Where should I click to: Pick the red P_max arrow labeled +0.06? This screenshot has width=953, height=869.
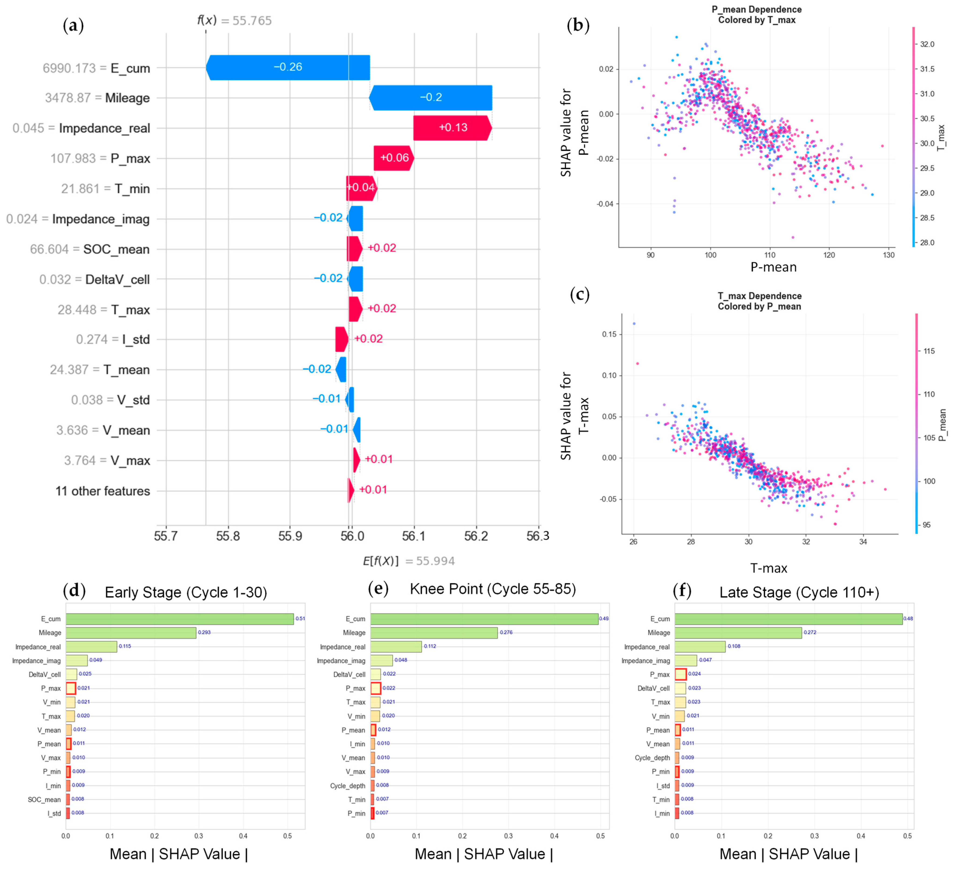tap(394, 158)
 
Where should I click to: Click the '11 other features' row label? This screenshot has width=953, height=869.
tap(103, 491)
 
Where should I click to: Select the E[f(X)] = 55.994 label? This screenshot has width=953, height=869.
tap(408, 561)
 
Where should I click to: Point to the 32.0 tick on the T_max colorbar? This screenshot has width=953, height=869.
tap(927, 44)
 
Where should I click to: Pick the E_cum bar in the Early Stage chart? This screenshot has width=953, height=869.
tap(180, 619)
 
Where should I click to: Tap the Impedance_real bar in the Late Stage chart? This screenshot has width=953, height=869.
tap(700, 646)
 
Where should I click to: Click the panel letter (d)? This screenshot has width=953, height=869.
tap(74, 591)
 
